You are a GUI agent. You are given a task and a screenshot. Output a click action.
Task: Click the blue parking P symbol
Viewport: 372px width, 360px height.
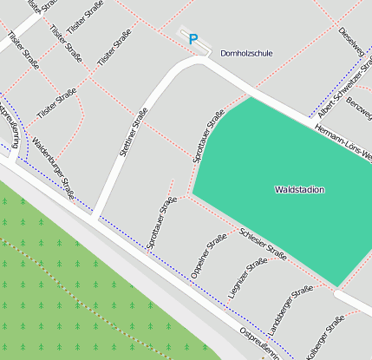pyautogui.click(x=193, y=39)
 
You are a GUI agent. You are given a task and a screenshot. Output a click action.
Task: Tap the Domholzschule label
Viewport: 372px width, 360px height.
pyautogui.click(x=246, y=53)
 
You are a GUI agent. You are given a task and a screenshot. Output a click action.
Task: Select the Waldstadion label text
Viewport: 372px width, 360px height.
pyautogui.click(x=299, y=189)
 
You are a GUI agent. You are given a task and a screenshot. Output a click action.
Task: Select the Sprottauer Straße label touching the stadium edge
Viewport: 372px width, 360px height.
pyautogui.click(x=209, y=135)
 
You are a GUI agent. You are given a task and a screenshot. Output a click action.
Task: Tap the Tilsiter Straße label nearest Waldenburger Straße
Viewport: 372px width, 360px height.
pyautogui.click(x=57, y=104)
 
